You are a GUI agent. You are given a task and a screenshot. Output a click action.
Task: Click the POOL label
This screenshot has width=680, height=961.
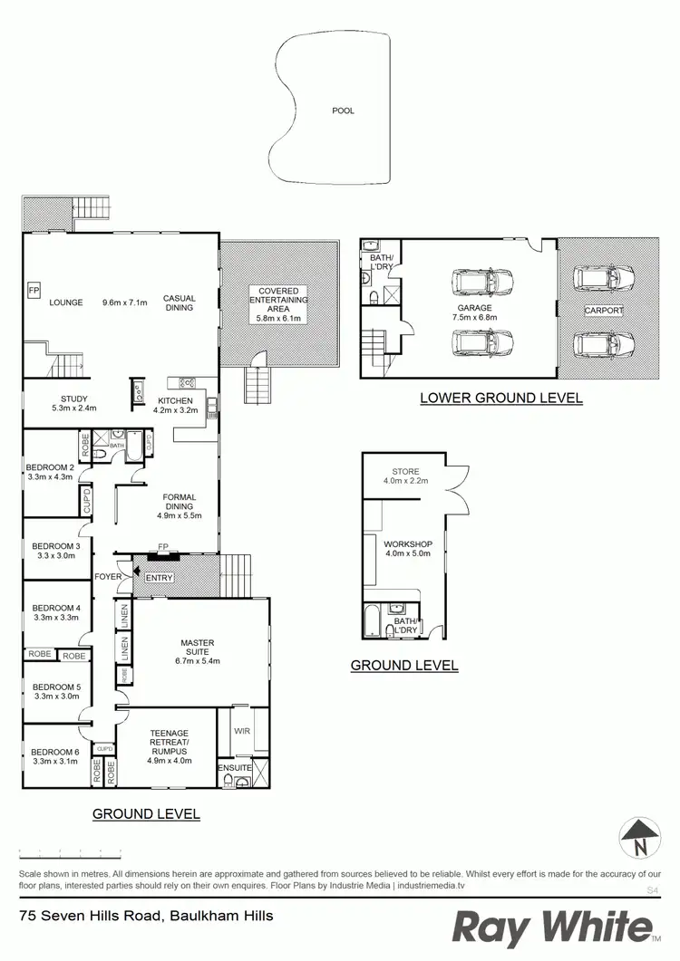[x=343, y=111]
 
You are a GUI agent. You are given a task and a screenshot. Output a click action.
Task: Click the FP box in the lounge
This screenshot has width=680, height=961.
[x=34, y=290]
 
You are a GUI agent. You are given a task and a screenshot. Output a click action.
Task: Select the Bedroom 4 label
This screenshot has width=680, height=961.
[x=56, y=608]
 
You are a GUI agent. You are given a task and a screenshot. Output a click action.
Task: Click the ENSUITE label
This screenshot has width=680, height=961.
[x=234, y=769]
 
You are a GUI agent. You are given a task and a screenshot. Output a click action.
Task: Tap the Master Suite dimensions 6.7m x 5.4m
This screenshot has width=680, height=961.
[x=197, y=660]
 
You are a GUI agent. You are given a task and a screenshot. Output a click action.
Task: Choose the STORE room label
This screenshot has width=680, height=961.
[x=405, y=471]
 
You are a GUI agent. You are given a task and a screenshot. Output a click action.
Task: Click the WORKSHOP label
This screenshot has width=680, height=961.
[x=408, y=544]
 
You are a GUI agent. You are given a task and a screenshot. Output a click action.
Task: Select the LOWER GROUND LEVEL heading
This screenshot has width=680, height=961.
[x=500, y=398]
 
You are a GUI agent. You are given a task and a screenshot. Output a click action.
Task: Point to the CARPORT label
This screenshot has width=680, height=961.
[x=604, y=310]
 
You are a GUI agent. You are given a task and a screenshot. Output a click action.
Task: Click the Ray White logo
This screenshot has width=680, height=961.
[x=553, y=928]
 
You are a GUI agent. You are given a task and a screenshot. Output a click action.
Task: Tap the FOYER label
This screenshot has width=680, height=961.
[x=110, y=576]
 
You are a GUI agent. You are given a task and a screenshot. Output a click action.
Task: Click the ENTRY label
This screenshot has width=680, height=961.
[x=159, y=577]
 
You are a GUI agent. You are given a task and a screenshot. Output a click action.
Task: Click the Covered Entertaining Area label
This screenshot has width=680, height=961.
[x=278, y=300]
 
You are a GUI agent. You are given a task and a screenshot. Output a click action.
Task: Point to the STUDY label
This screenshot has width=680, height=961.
[x=74, y=399]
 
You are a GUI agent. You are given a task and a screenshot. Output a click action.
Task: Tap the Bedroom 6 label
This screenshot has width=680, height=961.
[x=56, y=752]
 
